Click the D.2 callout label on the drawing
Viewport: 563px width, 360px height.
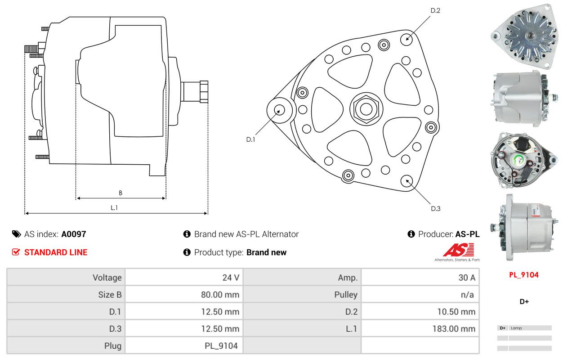tap(435, 10)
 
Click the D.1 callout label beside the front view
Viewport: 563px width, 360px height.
tap(250, 139)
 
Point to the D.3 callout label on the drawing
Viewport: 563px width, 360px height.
tap(436, 208)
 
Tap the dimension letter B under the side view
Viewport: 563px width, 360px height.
tap(121, 193)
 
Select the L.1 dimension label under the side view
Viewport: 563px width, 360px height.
tap(114, 208)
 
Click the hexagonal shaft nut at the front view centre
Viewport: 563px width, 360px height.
tap(366, 109)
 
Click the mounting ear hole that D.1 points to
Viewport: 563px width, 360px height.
tap(279, 110)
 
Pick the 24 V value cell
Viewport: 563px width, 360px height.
tap(231, 278)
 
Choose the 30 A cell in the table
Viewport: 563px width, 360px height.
tap(467, 278)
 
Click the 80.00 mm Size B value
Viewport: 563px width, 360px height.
tap(220, 295)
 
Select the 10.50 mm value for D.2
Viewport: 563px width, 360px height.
tap(456, 312)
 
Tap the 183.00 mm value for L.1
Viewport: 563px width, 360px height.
tap(454, 329)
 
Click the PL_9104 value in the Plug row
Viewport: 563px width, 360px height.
tap(221, 346)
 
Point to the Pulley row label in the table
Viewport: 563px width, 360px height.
tap(346, 295)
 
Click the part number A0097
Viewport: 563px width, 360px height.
tap(74, 234)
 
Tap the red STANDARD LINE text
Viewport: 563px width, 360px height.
tap(56, 252)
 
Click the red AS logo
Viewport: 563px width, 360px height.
tap(459, 250)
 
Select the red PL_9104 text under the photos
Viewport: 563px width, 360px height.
tap(524, 275)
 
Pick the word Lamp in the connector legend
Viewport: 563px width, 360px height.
tap(516, 328)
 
